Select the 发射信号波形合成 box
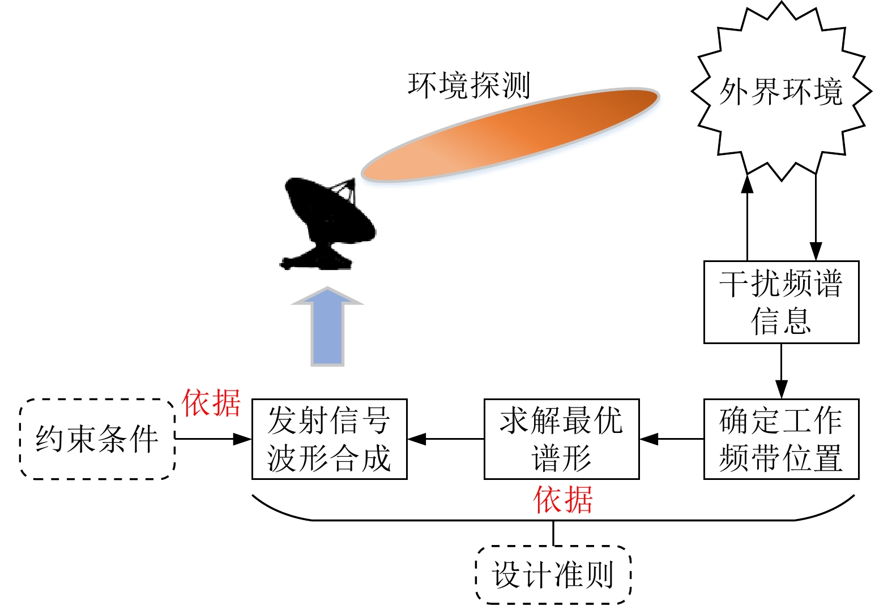(329, 439)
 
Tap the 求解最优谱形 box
(561, 439)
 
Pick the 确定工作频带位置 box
(781, 439)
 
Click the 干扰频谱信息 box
(781, 302)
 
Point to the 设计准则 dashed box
(553, 574)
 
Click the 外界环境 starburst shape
(781, 91)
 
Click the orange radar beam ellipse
(510, 135)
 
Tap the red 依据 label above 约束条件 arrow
(211, 403)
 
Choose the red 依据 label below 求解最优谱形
(563, 500)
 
